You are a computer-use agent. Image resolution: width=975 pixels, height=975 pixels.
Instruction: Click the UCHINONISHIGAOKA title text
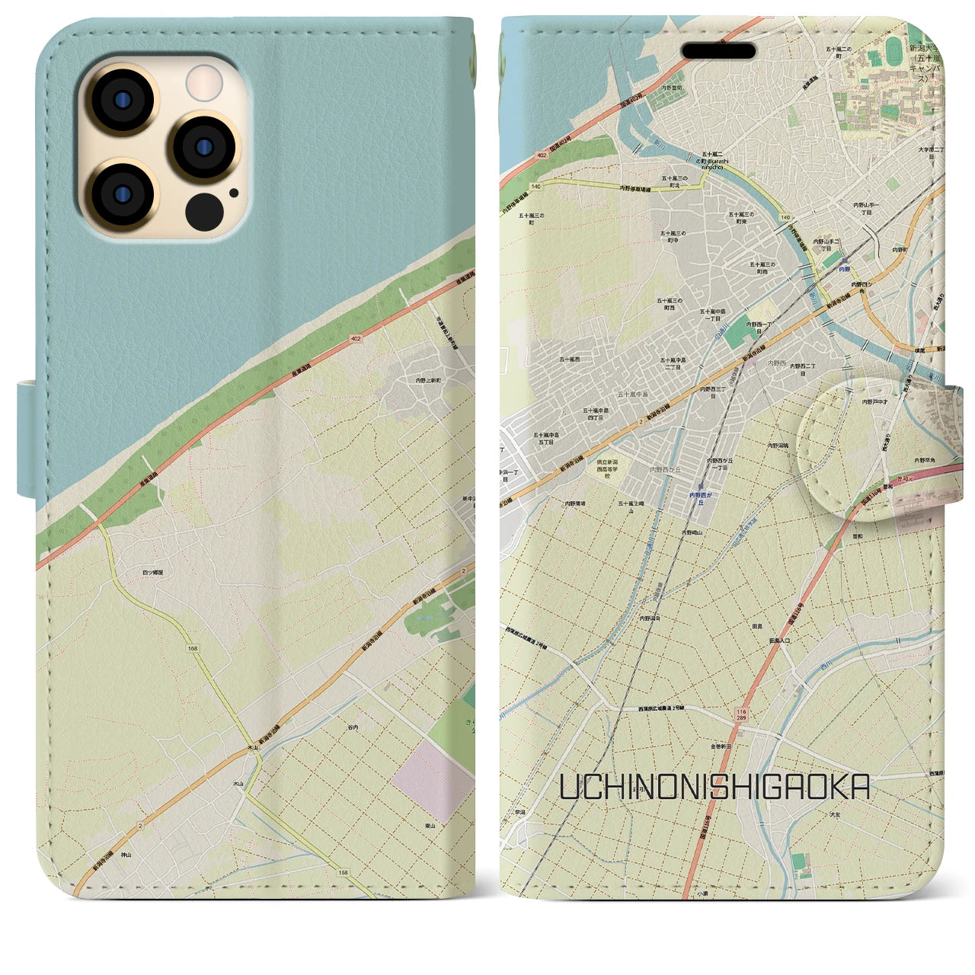click(714, 788)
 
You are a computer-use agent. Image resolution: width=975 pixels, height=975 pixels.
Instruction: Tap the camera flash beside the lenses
click(203, 82)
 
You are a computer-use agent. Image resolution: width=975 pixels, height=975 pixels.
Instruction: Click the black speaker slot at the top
click(718, 51)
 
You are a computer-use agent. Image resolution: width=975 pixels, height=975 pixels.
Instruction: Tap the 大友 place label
click(835, 814)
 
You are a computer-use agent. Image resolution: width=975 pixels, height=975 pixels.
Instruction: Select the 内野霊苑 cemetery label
click(672, 88)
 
